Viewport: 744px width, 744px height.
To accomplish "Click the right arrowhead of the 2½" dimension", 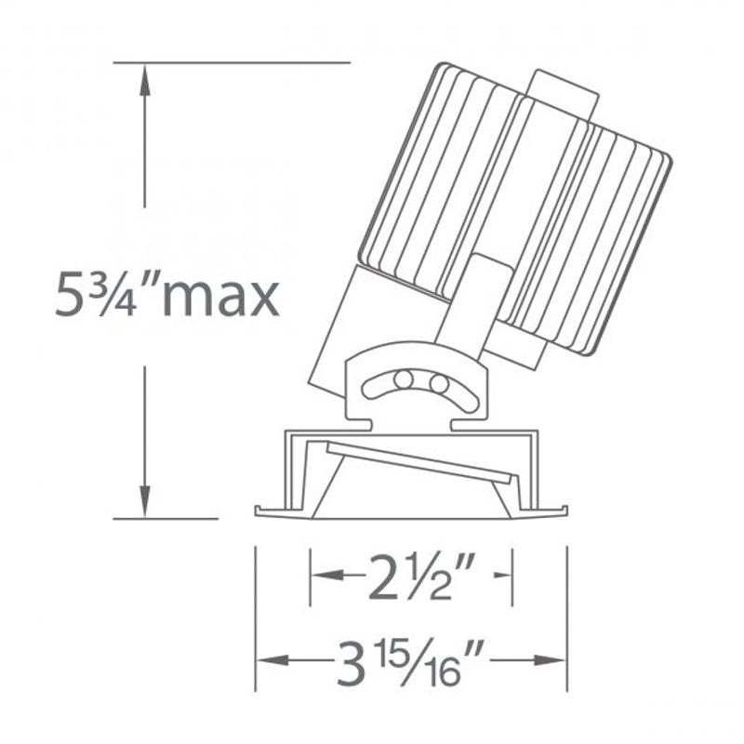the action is coord(503,575).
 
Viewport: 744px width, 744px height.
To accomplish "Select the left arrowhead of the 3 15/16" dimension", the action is coord(272,660).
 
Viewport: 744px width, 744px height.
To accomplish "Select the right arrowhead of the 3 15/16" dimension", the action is coord(551,660).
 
